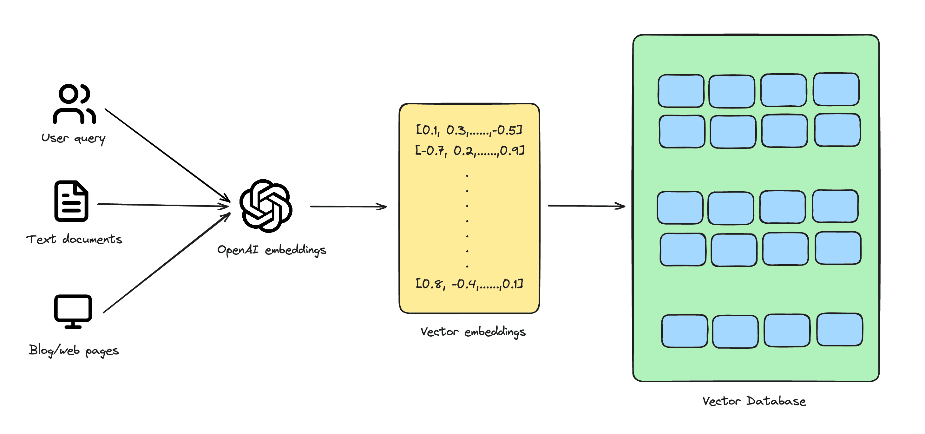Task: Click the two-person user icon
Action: pyautogui.click(x=74, y=104)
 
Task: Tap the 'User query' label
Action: pyautogui.click(x=73, y=138)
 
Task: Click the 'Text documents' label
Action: pyautogui.click(x=74, y=239)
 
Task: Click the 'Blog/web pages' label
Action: pyautogui.click(x=74, y=350)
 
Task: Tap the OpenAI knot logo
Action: pyautogui.click(x=266, y=206)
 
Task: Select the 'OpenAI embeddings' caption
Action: pyautogui.click(x=272, y=250)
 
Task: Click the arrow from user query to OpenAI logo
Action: pyautogui.click(x=167, y=155)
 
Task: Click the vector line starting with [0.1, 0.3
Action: pyautogui.click(x=469, y=130)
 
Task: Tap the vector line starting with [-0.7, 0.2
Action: pyautogui.click(x=469, y=150)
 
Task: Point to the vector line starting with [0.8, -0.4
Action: pyautogui.click(x=469, y=284)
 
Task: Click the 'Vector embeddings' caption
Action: pyautogui.click(x=473, y=332)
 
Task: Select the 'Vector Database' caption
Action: pyautogui.click(x=754, y=401)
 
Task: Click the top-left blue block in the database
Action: pyautogui.click(x=681, y=91)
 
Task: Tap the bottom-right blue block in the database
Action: pyautogui.click(x=840, y=329)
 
